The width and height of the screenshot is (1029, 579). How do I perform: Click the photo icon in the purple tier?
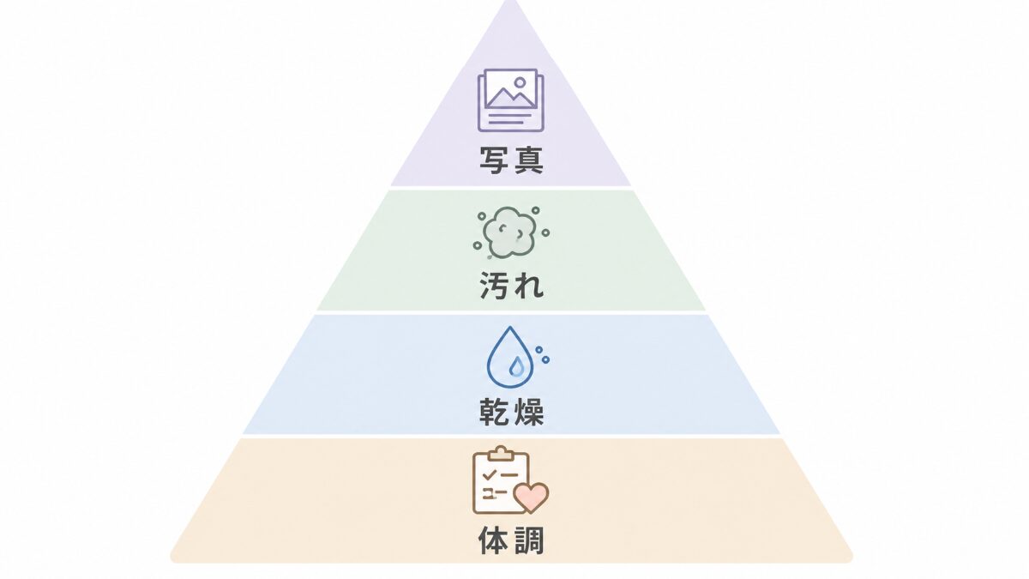click(511, 100)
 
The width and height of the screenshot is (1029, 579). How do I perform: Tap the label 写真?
click(511, 160)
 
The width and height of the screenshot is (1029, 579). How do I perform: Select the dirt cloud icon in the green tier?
click(511, 233)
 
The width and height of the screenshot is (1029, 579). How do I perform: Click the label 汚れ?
click(511, 286)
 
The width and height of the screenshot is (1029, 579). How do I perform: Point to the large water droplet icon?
click(510, 358)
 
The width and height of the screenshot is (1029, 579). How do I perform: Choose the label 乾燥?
click(511, 411)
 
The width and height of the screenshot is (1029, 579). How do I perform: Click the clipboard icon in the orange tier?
click(501, 480)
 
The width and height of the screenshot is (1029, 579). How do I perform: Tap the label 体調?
click(511, 540)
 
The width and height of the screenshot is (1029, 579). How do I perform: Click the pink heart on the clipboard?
click(531, 498)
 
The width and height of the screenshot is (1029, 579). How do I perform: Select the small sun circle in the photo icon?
click(520, 82)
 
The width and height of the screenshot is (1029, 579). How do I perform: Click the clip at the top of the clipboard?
click(501, 453)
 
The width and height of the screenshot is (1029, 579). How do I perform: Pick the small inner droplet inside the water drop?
click(517, 367)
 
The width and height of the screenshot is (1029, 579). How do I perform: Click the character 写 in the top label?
click(494, 160)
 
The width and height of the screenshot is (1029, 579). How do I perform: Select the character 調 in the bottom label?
click(529, 540)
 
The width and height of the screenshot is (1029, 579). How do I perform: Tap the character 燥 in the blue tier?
click(529, 411)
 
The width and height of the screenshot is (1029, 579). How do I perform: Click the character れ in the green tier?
click(529, 286)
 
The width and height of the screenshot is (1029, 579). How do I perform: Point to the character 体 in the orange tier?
click(493, 540)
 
